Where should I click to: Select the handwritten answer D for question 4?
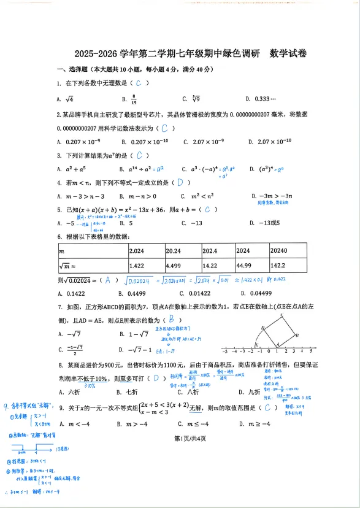(x=180, y=183)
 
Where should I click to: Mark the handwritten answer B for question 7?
(x=175, y=319)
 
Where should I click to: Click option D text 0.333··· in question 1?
(x=264, y=99)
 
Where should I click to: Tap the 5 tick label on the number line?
(x=311, y=352)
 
